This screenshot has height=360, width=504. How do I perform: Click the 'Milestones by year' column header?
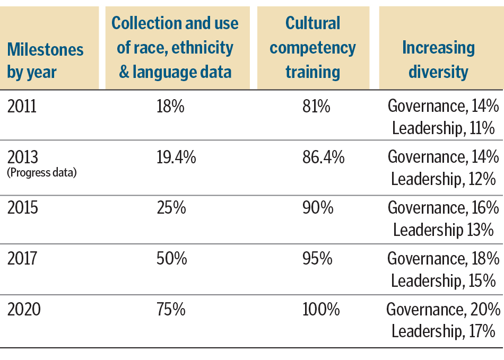tap(45, 60)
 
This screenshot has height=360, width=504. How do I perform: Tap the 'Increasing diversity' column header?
tap(438, 59)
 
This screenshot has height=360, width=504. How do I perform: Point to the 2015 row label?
tap(23, 208)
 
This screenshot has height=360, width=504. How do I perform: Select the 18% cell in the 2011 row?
tap(170, 106)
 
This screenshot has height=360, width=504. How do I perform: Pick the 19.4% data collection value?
tap(176, 157)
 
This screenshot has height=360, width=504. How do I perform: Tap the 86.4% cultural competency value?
tap(324, 157)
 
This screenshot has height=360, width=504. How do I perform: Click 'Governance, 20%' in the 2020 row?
tap(443, 309)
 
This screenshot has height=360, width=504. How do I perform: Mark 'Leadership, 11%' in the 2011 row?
tap(443, 128)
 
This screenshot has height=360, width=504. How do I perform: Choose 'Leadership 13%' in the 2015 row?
tap(444, 230)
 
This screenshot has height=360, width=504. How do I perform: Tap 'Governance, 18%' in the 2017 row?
tap(443, 259)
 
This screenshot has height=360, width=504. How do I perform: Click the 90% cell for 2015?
tap(318, 208)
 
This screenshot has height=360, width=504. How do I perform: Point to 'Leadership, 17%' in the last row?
tap(444, 332)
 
